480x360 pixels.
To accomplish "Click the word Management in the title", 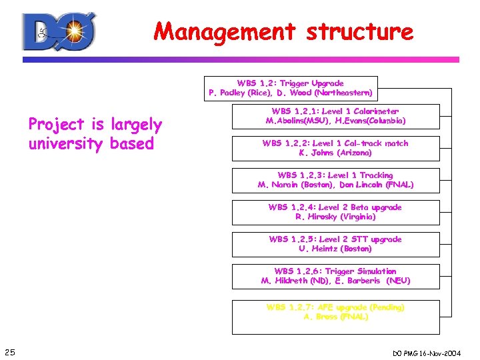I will coord(224,31).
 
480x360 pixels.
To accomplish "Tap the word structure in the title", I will coord(357,31).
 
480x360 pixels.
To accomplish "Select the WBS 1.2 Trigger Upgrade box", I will coord(290,88).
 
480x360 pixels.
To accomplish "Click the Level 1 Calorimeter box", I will coord(335,116).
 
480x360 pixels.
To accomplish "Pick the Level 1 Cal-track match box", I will coord(335,148).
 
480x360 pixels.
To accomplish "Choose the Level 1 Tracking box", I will coord(335,180).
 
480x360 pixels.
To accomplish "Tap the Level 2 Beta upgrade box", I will coord(335,212).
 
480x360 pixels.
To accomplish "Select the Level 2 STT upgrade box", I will coord(335,244).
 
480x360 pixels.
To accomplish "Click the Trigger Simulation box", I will coord(335,276).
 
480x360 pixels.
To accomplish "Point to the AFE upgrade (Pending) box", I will coord(335,312).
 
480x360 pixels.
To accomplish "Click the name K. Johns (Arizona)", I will coord(335,153).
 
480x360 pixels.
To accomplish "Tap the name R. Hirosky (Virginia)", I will coord(335,217).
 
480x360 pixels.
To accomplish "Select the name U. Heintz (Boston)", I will coord(335,249).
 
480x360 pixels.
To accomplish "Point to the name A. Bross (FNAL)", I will coord(335,317).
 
